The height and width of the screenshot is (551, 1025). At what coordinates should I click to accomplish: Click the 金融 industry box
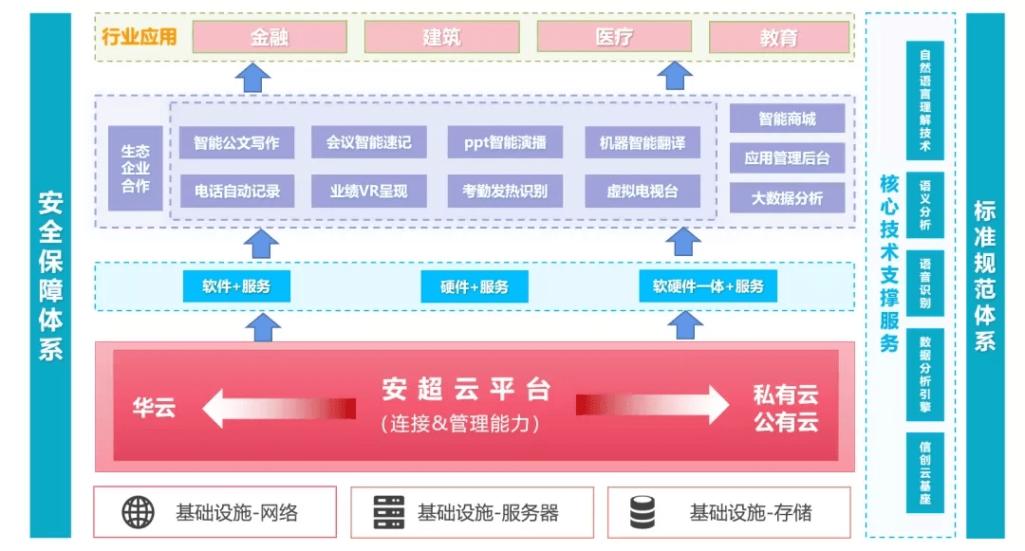(270, 37)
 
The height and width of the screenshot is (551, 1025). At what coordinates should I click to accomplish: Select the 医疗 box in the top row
(614, 37)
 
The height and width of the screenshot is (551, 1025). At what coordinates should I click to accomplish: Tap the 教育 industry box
(778, 37)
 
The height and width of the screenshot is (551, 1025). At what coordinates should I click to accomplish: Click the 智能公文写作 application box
(236, 142)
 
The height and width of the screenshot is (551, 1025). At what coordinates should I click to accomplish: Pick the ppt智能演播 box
(505, 142)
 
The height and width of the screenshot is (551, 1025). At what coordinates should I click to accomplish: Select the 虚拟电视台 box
(642, 191)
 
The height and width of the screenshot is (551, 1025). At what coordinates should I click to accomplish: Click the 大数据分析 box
(787, 198)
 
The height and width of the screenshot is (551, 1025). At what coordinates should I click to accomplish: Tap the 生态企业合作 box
(136, 169)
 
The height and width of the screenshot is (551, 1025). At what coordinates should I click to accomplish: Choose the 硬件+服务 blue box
(474, 286)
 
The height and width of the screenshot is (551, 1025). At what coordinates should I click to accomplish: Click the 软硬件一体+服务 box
(708, 286)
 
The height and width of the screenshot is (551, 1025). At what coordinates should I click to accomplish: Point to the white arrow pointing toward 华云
(279, 409)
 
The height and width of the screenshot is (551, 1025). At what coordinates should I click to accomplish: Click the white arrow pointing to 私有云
(652, 405)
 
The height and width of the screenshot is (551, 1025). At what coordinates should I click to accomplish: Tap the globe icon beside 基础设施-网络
(138, 512)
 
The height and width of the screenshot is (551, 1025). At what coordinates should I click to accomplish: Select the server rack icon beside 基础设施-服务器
(389, 512)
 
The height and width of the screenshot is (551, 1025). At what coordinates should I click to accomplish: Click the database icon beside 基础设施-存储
(642, 512)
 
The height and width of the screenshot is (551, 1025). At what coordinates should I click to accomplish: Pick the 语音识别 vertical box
(925, 283)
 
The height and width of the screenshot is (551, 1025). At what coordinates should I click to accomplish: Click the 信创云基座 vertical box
(925, 472)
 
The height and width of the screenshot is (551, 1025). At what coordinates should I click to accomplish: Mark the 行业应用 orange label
(140, 37)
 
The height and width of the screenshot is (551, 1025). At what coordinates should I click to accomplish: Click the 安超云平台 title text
(467, 389)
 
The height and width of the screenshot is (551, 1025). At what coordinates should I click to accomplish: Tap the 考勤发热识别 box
(505, 191)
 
